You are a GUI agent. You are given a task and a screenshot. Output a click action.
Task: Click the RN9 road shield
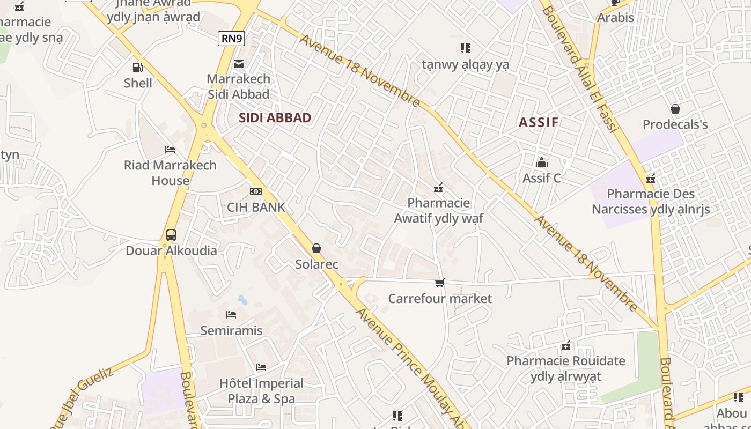point(232,38)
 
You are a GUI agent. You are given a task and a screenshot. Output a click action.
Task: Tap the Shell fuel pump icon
point(138,68)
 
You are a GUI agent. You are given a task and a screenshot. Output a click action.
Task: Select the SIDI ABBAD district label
point(275,118)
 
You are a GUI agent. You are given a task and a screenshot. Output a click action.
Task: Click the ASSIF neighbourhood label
point(539,122)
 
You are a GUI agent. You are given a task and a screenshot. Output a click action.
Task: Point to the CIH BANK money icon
point(256,191)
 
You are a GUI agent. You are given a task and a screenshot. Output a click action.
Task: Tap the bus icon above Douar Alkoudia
point(171,235)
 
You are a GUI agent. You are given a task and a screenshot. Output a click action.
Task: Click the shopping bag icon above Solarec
point(316,248)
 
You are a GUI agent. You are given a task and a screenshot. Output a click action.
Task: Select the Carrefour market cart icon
point(440,283)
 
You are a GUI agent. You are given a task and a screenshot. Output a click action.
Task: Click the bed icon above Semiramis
point(231,315)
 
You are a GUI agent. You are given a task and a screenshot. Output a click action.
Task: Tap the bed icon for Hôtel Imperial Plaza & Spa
point(261,367)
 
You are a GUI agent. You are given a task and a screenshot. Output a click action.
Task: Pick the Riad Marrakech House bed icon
point(170,150)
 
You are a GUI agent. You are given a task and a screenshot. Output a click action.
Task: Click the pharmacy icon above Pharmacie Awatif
point(438,187)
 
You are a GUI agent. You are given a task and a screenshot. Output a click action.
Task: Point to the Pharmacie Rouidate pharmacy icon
point(565,345)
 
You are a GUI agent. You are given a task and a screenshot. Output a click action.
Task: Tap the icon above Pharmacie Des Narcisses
point(651,178)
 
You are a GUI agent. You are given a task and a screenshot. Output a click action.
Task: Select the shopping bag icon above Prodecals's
point(675,109)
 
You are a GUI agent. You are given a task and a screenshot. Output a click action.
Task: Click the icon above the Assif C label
point(542,162)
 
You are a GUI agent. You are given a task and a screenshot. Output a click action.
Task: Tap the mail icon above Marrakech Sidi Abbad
point(239,64)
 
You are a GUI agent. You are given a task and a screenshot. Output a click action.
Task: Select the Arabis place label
point(615,18)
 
